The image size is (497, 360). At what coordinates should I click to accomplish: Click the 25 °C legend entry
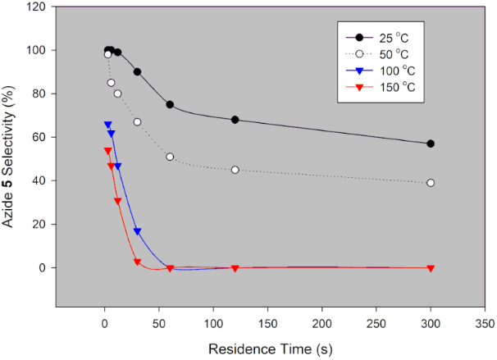pos(382,38)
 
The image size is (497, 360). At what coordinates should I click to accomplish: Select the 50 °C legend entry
pos(382,54)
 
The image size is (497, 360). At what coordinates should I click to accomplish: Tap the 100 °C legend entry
pos(382,71)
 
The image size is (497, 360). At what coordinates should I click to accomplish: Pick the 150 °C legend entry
pos(382,87)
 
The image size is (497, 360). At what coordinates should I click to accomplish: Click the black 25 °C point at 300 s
pos(431,144)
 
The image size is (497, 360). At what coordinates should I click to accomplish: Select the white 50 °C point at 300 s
pos(431,183)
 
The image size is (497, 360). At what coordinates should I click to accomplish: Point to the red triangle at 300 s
pos(431,268)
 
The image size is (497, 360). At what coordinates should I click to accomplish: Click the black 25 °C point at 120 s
pos(235,120)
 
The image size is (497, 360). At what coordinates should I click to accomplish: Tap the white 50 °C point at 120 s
pos(235,170)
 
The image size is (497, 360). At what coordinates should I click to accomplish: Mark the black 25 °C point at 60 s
pos(170,104)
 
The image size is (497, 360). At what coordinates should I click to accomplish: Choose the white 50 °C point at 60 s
pos(170,157)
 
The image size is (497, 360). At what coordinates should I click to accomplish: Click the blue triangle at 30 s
pos(137,231)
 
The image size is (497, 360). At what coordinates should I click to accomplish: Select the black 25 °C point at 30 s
pos(137,71)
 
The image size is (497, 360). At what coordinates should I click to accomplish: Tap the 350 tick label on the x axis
pos(485,322)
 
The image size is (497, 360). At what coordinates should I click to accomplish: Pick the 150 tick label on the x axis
pos(267,322)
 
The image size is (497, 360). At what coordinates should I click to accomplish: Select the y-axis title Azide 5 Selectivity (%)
pos(12,156)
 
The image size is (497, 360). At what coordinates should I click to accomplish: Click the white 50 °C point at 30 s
pos(137,122)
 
